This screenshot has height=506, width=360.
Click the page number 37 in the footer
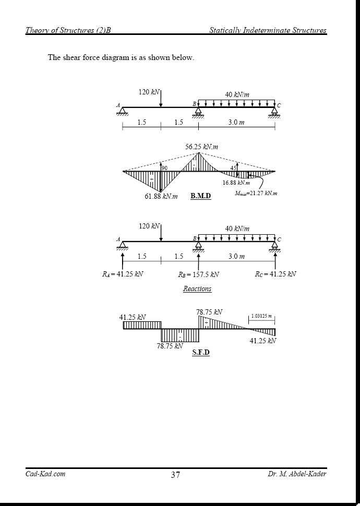click(175, 475)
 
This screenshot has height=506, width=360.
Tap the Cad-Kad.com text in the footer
click(45, 474)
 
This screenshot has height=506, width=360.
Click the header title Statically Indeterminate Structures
click(268, 30)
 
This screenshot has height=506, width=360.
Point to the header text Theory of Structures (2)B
click(68, 30)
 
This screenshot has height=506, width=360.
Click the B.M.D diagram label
click(201, 196)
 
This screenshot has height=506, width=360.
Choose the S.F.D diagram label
click(201, 352)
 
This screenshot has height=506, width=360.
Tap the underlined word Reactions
click(197, 288)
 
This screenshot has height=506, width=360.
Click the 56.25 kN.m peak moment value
click(202, 147)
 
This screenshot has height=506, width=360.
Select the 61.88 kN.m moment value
click(161, 197)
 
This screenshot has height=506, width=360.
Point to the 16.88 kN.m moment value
click(236, 183)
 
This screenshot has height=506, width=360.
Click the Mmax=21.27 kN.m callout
click(256, 194)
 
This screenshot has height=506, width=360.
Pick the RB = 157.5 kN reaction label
click(198, 274)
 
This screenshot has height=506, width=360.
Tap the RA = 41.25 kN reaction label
click(123, 274)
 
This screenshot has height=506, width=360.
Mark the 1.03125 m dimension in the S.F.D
click(261, 316)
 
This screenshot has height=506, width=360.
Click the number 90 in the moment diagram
click(164, 168)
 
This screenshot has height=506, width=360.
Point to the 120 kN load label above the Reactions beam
click(149, 226)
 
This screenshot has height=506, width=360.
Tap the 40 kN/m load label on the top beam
click(237, 95)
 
